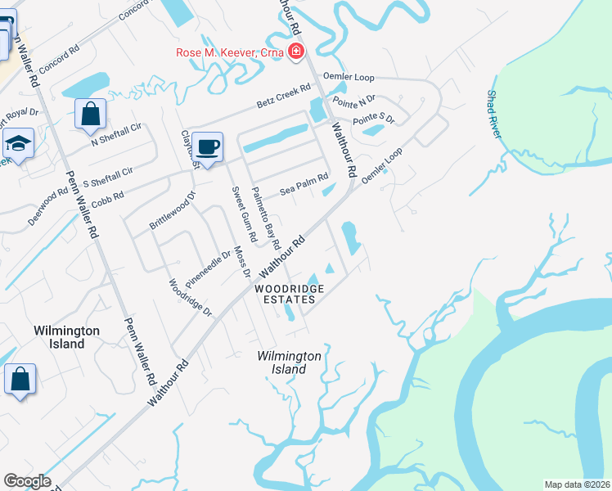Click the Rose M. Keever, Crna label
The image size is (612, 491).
[230, 53]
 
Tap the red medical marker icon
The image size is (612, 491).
[295, 53]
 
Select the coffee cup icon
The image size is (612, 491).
[208, 146]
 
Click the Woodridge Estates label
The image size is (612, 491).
[289, 294]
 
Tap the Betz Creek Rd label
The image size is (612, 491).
[284, 96]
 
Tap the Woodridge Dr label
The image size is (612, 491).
[191, 299]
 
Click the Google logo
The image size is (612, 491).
[27, 481]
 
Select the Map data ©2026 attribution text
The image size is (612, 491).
[576, 484]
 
